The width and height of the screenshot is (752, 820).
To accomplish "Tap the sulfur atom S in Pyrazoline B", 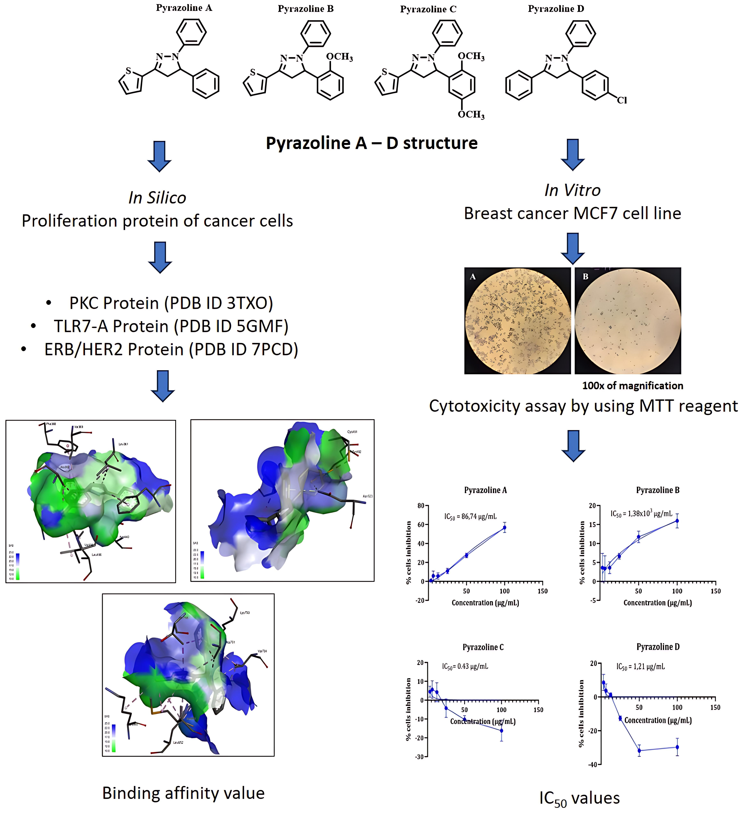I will pos(253,72).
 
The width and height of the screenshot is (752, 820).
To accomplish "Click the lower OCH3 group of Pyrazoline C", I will pos(471,115).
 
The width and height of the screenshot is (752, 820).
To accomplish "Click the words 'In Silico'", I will pos(157,198).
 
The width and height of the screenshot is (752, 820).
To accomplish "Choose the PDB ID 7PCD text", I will pos(246,350).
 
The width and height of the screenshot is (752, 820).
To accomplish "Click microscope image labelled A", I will pos(518,321).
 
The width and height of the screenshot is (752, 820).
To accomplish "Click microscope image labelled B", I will pos(627,321).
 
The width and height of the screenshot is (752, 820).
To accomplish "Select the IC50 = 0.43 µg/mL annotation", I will pos(465,667).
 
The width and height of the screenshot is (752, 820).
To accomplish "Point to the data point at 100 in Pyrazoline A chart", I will pos(505,527).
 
